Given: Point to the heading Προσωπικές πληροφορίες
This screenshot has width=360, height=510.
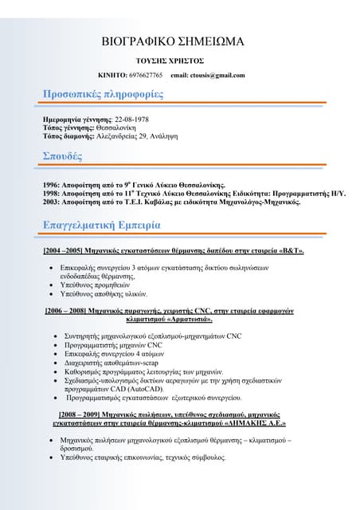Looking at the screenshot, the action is tap(103, 95).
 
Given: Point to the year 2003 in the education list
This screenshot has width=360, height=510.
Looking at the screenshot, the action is tap(52, 202).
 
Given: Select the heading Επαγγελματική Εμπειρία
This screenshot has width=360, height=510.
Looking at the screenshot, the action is tap(108, 226).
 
